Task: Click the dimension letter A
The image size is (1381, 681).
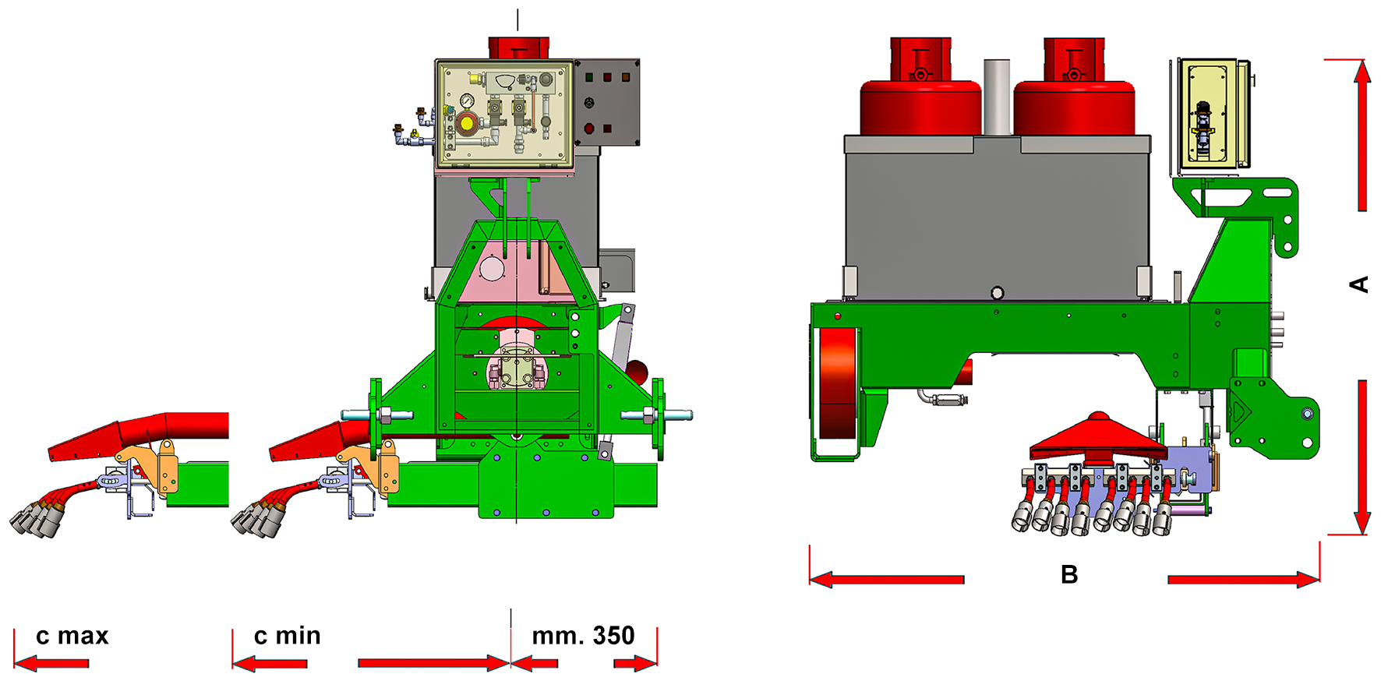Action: [1359, 284]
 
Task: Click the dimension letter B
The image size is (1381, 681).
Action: [1069, 575]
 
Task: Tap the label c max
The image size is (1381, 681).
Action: [72, 636]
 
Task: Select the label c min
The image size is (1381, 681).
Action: [288, 636]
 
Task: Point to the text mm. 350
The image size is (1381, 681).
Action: [583, 636]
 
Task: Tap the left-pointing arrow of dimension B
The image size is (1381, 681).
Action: [887, 580]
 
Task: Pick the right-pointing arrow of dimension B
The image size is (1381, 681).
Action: [1243, 580]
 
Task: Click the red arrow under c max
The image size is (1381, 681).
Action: [51, 664]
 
